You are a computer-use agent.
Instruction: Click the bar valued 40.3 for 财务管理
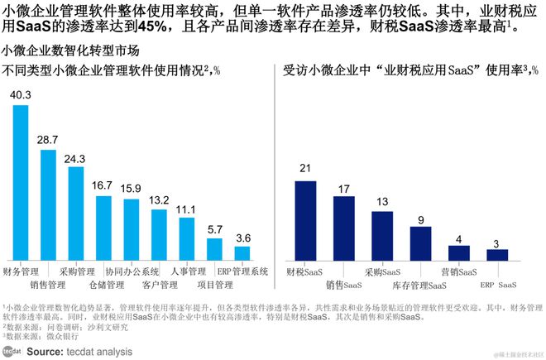[x=21, y=182]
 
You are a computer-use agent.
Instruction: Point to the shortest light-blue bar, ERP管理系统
[x=242, y=252]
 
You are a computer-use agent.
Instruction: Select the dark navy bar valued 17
[x=343, y=228]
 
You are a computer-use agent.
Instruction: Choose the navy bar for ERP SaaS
[x=497, y=254]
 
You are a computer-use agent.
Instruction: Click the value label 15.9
[x=131, y=189]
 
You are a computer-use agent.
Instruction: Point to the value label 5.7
[x=214, y=229]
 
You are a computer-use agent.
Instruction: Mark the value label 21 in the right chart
[x=305, y=169]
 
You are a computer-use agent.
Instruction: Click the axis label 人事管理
[x=187, y=271]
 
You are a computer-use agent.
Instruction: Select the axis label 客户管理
[x=159, y=286]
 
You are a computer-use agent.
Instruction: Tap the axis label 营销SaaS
[x=458, y=271]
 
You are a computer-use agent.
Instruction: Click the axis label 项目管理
[x=214, y=286]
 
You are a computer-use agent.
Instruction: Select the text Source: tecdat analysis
[x=79, y=351]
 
